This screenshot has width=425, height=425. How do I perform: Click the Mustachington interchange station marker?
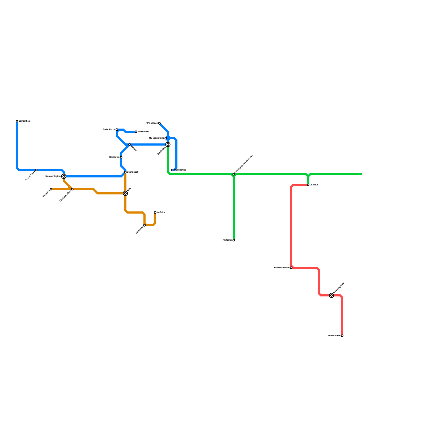coord(64,176)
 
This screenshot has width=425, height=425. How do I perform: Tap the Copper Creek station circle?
coord(36,170)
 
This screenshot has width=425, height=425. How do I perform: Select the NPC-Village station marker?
coord(159,123)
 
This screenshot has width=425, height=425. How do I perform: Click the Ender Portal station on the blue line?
coord(117,130)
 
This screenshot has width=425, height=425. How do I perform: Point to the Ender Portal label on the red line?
coord(334,336)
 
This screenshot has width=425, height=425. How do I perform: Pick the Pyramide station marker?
coord(51,189)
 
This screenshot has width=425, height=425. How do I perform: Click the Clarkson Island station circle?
coord(72,189)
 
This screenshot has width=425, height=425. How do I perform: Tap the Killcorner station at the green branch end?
coord(234,240)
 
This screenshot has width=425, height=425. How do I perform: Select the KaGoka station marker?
coord(155,212)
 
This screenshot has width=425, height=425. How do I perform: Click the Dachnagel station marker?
coord(125,172)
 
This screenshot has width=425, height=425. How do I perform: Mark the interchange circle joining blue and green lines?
coord(168,144)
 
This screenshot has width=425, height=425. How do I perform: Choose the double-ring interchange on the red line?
coord(331,295)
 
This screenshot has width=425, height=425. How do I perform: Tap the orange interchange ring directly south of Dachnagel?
coord(125,193)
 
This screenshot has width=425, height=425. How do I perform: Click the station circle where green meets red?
coord(308,185)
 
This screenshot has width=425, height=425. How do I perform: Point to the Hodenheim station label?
coord(143,132)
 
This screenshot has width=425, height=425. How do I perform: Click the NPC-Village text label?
coord(152,123)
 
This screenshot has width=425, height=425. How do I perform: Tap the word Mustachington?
coord(53,176)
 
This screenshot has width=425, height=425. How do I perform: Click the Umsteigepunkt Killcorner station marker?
coord(234,174)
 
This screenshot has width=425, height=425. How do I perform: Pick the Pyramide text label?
coord(46,193)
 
